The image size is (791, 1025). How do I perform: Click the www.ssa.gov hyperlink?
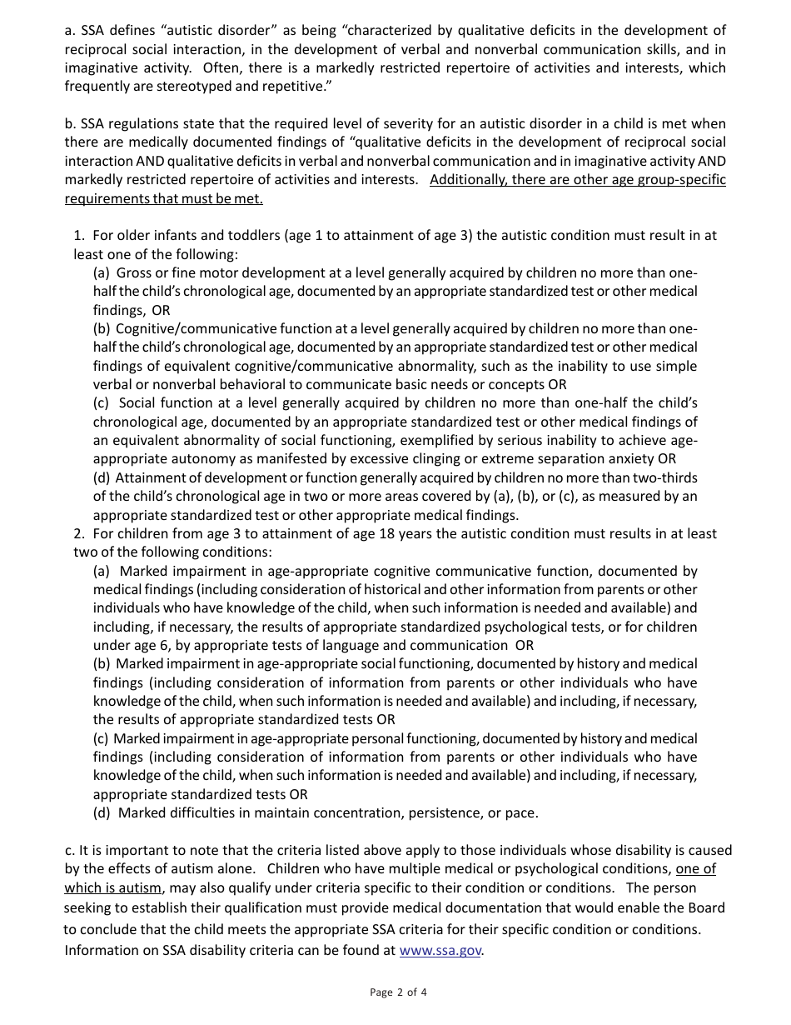click(440, 950)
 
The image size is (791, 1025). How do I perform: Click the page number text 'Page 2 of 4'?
click(398, 992)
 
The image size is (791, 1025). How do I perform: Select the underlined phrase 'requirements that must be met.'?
click(164, 198)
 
